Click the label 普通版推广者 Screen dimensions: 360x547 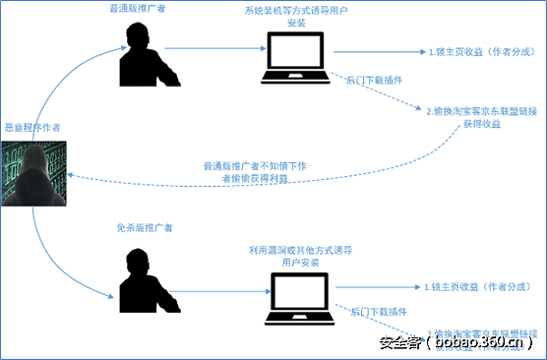[142, 9]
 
